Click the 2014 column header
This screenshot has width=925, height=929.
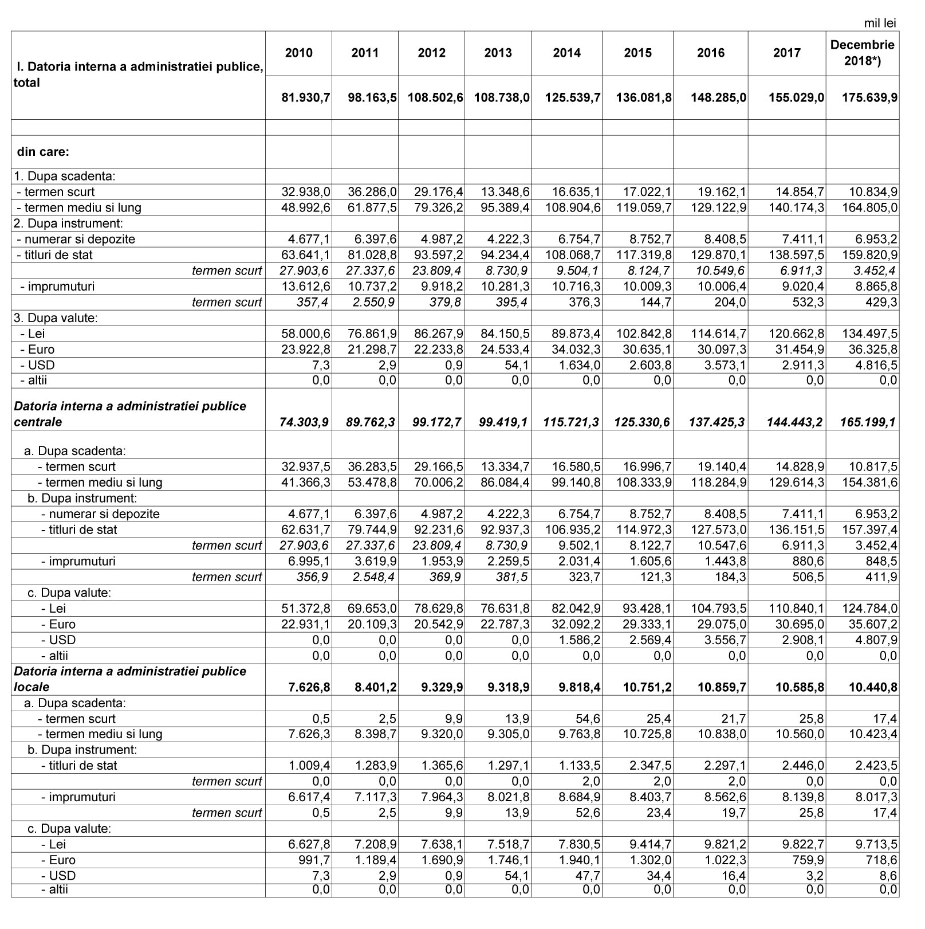pos(566,53)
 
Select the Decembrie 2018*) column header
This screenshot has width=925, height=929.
pos(862,53)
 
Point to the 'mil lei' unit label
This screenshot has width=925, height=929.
pos(880,23)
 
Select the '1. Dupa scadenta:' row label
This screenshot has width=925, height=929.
pos(64,176)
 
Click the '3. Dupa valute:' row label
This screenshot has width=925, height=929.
pos(56,317)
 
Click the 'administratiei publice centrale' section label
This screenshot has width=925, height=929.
pos(130,414)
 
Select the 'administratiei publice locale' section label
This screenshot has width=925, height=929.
pos(130,679)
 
